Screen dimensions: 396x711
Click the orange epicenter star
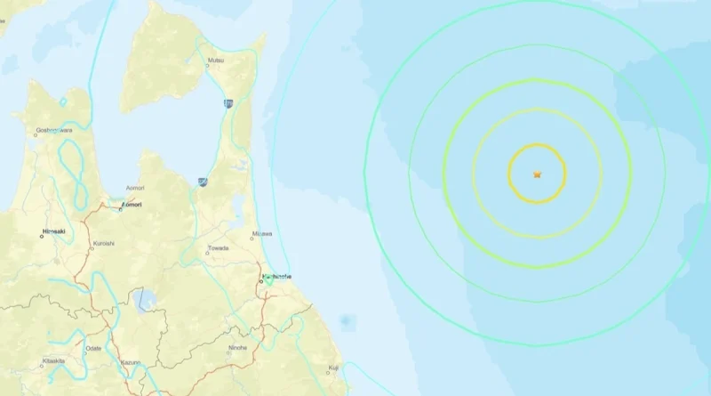(537, 174)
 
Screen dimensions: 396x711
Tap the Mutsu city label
(215, 61)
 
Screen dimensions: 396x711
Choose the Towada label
(218, 248)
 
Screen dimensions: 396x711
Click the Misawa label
(262, 234)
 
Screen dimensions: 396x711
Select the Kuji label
(333, 368)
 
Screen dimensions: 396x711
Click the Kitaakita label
(53, 360)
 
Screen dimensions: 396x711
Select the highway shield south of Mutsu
(229, 103)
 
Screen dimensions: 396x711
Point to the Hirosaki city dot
(42, 235)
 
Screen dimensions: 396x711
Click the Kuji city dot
(328, 373)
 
